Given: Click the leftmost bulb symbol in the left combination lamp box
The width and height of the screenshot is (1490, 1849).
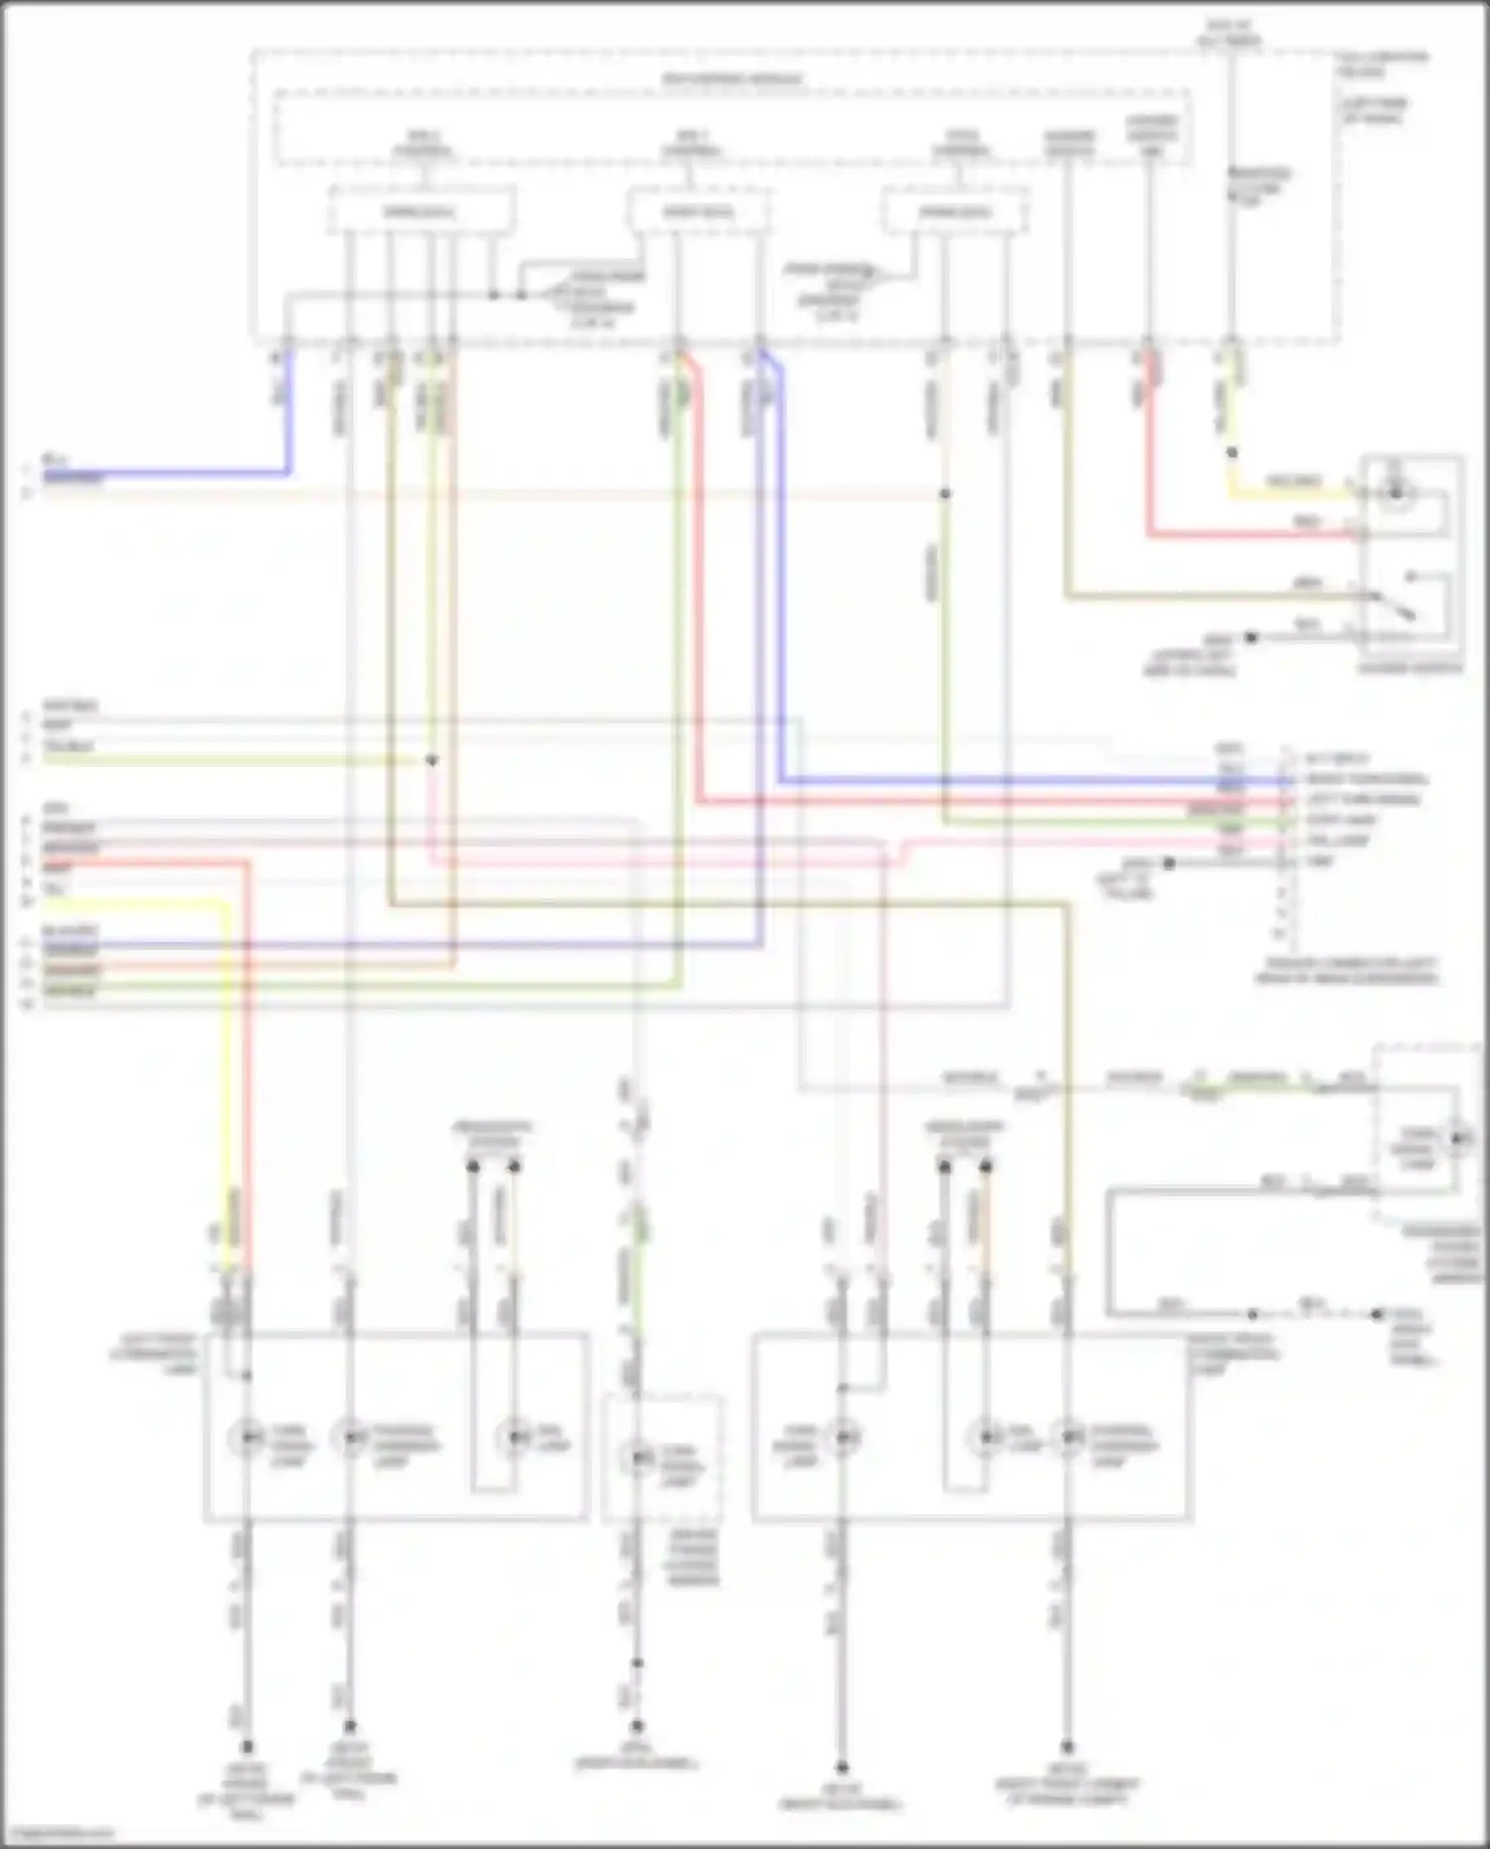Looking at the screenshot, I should click(246, 1437).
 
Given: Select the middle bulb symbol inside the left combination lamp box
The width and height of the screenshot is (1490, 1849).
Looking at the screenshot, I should click(350, 1437).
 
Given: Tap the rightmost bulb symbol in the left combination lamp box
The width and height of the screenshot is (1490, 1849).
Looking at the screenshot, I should click(514, 1437).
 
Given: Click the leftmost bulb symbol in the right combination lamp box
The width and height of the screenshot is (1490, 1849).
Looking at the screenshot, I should click(843, 1437).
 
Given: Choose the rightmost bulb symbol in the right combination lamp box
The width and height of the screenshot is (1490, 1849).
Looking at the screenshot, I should click(1069, 1437).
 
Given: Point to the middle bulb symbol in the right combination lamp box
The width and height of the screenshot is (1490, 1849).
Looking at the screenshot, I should click(986, 1437).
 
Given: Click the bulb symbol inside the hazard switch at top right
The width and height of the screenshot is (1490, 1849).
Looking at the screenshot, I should click(1397, 492).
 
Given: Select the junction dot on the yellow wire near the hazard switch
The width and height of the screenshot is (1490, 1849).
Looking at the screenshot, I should click(1232, 453).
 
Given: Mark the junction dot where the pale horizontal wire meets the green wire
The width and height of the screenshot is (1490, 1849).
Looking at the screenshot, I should click(945, 494).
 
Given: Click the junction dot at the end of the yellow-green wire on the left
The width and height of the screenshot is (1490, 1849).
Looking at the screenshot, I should click(431, 761).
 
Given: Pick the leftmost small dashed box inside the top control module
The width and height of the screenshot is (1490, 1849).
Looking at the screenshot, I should click(421, 212).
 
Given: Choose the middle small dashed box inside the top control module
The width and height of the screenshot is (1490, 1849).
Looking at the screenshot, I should click(698, 212).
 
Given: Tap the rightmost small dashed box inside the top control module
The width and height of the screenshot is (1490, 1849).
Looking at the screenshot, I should click(955, 212).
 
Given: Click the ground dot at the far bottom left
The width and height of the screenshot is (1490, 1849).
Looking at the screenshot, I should click(246, 1746).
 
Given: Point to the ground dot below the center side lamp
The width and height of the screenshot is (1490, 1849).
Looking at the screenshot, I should click(637, 1727).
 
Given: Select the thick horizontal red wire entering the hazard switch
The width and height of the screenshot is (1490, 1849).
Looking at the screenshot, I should click(1252, 537).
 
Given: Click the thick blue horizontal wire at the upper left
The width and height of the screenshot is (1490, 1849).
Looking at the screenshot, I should click(169, 473).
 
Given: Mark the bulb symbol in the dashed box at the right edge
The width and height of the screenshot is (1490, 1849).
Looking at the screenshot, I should click(1456, 1138).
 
